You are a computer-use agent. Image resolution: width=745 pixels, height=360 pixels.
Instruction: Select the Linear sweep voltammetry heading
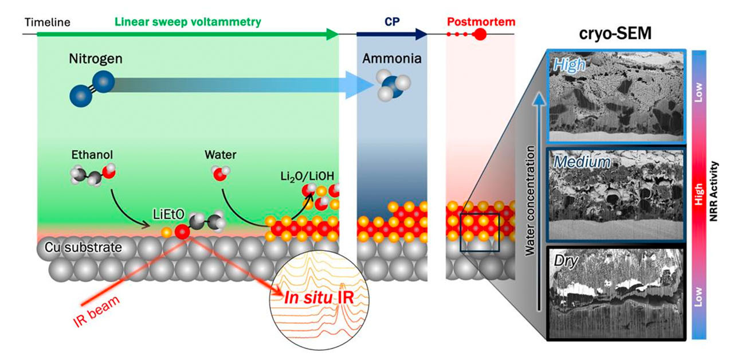tap(188, 21)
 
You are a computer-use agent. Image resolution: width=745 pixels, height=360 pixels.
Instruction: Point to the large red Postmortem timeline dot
tap(480, 34)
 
